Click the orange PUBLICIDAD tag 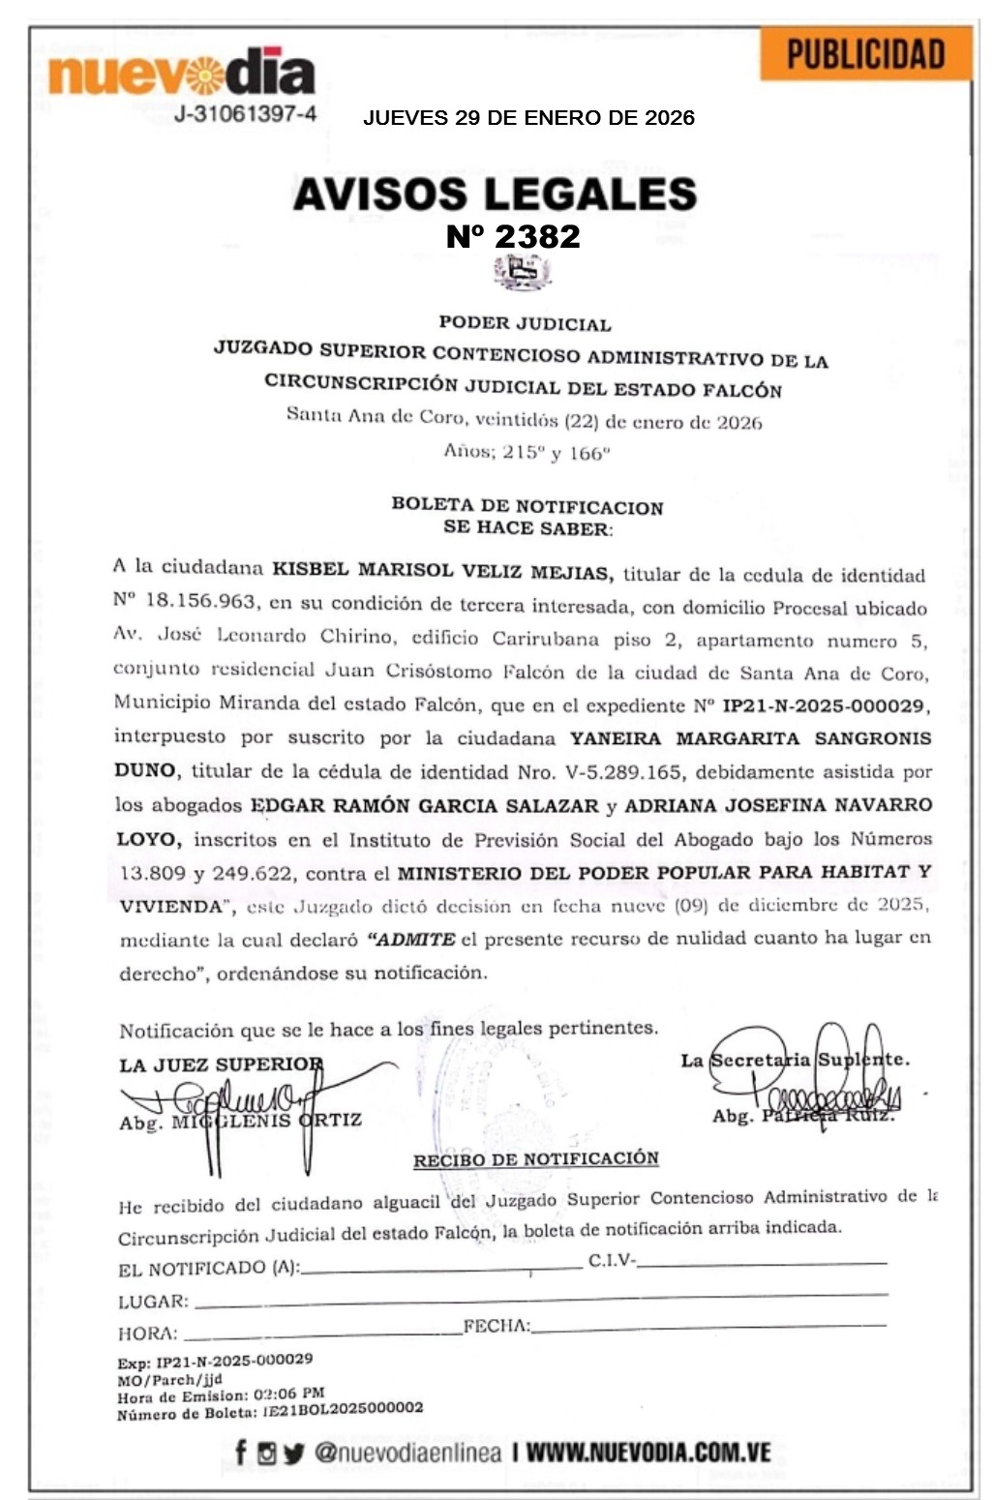(865, 54)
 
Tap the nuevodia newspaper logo (181, 73)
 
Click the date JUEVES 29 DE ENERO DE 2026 (528, 118)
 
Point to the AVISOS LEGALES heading (495, 194)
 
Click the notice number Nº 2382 (513, 236)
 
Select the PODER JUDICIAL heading (525, 323)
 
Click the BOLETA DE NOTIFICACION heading (527, 505)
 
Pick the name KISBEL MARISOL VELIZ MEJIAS (442, 570)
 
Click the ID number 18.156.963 (200, 601)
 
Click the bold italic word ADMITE (414, 939)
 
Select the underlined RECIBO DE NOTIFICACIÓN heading (536, 1159)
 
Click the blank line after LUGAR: (538, 1299)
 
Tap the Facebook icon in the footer (240, 1453)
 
